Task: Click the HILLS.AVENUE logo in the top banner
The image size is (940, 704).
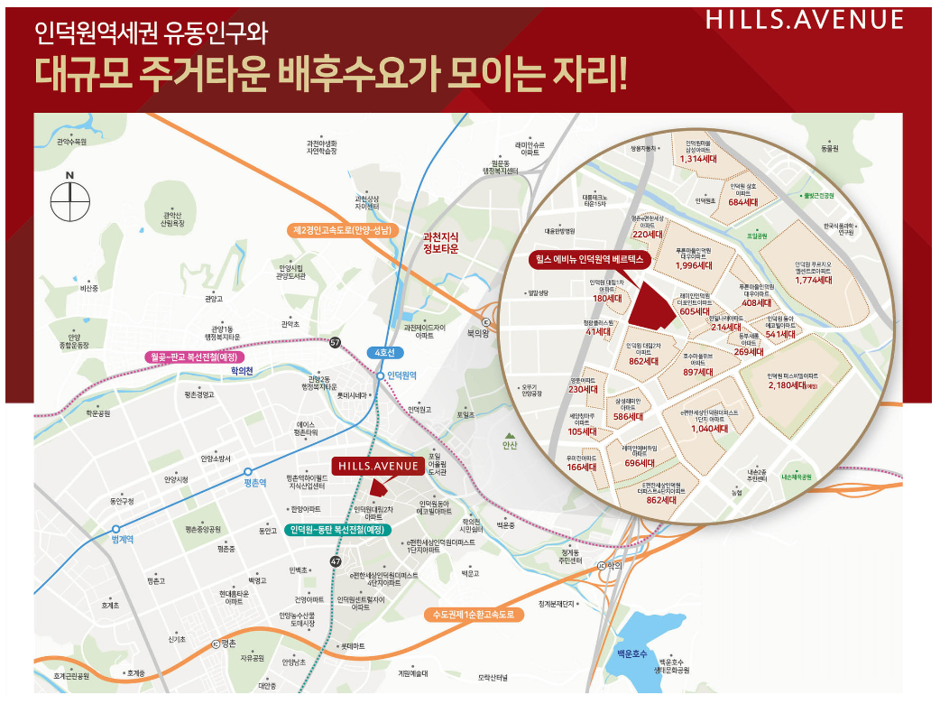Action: [x=805, y=20]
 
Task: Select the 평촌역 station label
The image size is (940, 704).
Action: [x=256, y=483]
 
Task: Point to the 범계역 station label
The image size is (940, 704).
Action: [x=122, y=539]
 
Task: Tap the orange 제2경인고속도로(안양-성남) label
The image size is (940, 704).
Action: [x=342, y=231]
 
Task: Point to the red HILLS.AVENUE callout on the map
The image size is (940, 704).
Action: [x=377, y=466]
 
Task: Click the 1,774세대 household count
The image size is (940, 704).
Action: [x=812, y=280]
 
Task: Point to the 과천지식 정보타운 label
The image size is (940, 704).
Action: [x=441, y=245]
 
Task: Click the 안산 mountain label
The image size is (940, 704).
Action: [x=511, y=444]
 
